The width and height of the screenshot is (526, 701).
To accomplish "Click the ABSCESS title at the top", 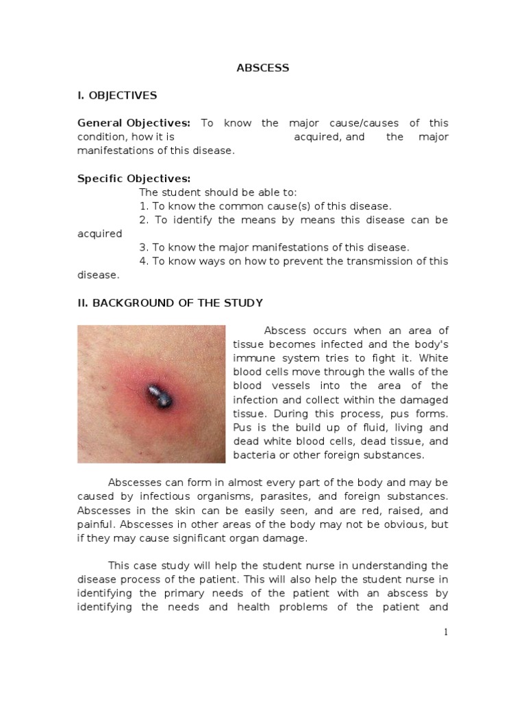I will [x=262, y=68].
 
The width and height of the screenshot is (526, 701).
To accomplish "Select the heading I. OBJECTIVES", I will [x=117, y=95].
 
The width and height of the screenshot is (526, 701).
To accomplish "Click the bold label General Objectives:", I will [x=134, y=123].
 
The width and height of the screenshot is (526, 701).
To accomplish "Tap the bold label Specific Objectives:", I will [x=134, y=179].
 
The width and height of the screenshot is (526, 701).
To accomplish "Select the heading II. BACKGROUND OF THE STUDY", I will [x=170, y=303].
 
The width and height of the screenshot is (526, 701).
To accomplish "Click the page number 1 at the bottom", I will [x=446, y=633].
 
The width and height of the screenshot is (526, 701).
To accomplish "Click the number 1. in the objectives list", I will [x=144, y=206].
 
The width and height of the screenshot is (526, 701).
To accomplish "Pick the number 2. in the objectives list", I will [x=144, y=220].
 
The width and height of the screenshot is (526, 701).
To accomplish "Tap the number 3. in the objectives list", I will [x=144, y=247].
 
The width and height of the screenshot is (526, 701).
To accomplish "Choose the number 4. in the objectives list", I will [x=144, y=261].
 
